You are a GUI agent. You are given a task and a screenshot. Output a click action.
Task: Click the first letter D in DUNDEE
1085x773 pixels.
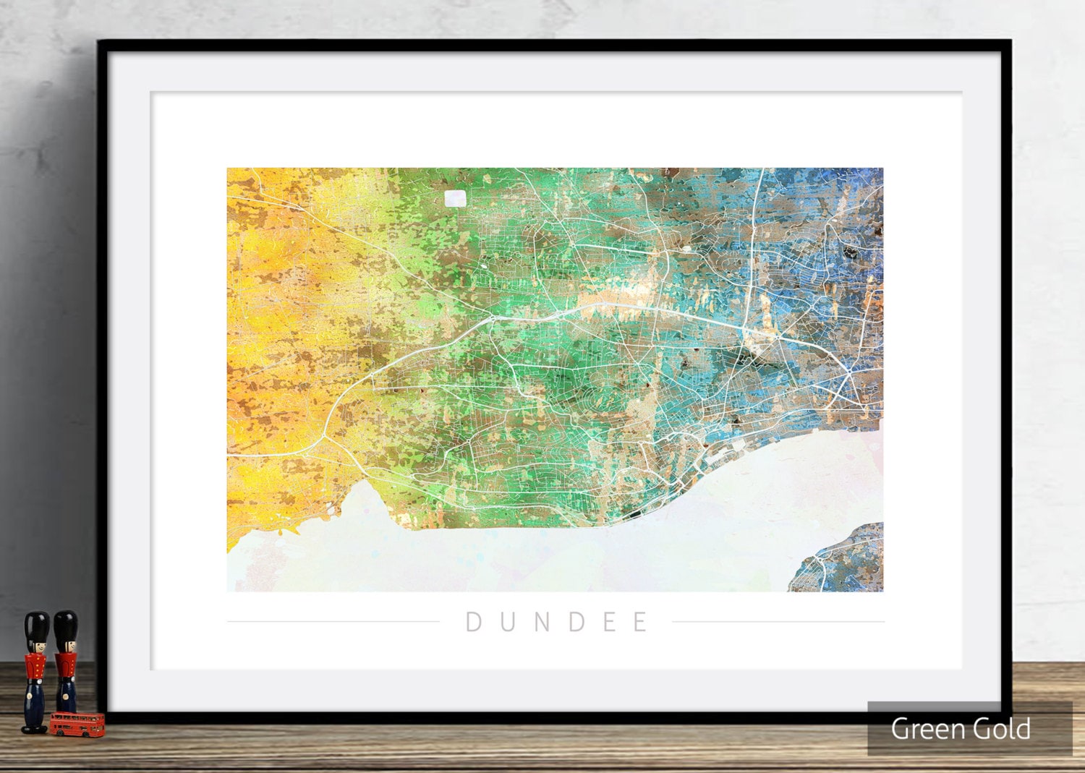coord(474,622)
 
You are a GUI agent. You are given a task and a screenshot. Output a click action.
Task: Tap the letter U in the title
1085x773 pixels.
coord(509,622)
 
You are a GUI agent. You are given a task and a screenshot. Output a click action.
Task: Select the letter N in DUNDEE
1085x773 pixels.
coord(543,622)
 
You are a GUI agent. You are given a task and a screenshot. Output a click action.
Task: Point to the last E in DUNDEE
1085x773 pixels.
coord(641,622)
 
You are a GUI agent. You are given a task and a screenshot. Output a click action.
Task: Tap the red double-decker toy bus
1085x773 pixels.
coord(77,725)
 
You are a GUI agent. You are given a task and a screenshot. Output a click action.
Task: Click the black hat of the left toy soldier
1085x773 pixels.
coord(36,625)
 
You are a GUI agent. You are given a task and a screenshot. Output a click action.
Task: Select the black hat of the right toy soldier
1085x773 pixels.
coord(66,624)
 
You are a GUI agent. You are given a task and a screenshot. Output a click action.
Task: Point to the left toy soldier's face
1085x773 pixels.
coord(36,645)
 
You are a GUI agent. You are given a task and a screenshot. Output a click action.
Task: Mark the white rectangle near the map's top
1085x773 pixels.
coord(456,199)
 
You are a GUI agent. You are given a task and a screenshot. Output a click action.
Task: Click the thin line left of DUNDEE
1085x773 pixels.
coord(333,621)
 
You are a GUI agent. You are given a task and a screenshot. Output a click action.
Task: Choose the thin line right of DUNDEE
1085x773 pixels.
coord(778,621)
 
